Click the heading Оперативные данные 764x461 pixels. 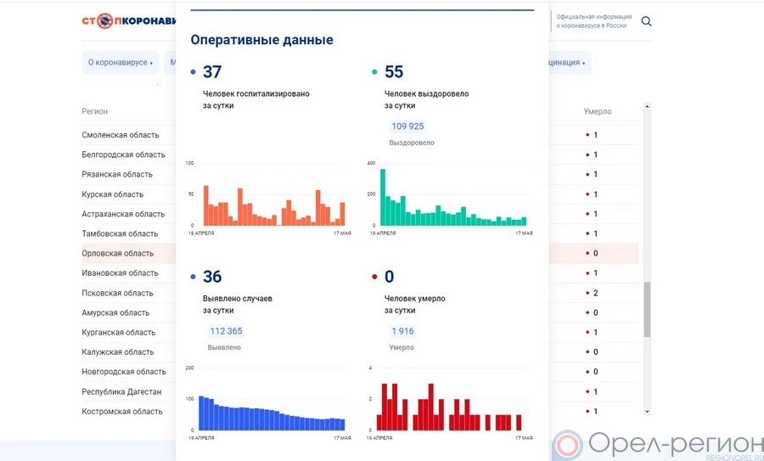(261, 40)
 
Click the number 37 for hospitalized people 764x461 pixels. (212, 73)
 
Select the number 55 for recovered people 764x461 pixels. (394, 73)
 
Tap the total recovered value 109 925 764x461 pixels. (407, 126)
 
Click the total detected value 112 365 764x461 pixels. (226, 331)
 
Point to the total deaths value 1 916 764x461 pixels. (402, 331)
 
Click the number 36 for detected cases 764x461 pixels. (212, 277)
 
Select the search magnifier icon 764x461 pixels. (647, 21)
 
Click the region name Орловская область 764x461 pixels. (118, 253)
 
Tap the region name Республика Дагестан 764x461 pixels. (121, 391)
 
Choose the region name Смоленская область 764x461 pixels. (120, 135)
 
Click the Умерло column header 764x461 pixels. (597, 111)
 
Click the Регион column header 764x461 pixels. (94, 111)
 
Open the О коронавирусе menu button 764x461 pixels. (121, 62)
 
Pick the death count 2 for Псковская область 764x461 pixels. (595, 293)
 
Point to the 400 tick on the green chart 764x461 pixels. (371, 163)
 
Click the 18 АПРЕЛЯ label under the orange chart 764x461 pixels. (201, 233)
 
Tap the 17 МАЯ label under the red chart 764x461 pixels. (524, 438)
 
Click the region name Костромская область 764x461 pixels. (122, 412)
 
